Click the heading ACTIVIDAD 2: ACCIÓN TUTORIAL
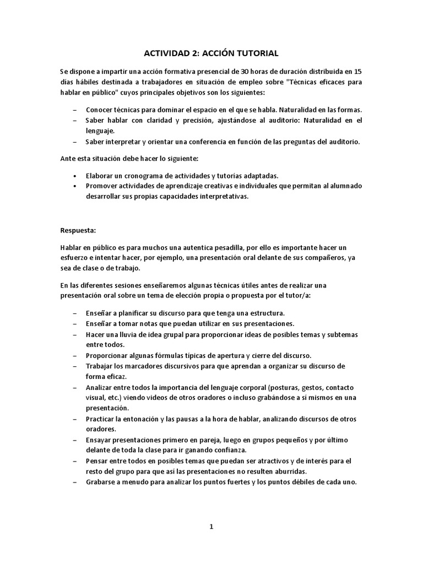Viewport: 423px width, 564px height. (x=211, y=53)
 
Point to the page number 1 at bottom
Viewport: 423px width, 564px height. (x=211, y=527)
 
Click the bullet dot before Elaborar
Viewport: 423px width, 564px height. (x=74, y=176)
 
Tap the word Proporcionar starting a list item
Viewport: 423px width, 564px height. (x=109, y=355)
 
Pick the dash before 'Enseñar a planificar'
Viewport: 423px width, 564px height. (x=74, y=313)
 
